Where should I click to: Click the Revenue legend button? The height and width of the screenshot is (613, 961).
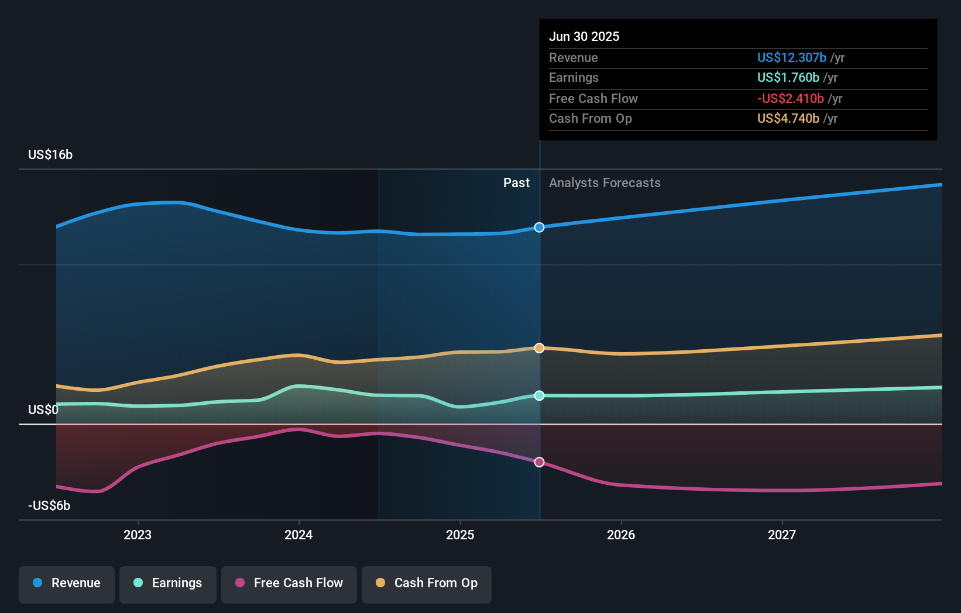(67, 584)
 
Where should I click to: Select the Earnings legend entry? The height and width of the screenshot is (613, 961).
(168, 584)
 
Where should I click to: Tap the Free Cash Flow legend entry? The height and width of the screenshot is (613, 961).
(289, 584)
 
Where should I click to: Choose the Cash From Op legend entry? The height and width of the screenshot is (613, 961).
(427, 584)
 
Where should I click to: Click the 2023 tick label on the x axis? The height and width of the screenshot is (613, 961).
(138, 535)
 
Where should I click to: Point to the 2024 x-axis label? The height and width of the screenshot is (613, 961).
(298, 535)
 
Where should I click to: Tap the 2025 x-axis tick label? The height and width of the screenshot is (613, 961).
(460, 535)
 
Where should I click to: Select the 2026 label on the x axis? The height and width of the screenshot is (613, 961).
(621, 535)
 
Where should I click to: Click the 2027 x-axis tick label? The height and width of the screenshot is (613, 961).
(782, 535)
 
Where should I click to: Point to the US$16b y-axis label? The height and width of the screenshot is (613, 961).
(50, 155)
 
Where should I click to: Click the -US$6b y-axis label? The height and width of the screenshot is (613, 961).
(49, 506)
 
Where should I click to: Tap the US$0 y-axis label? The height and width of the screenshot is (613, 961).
(43, 410)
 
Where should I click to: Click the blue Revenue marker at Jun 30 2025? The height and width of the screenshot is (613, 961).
(539, 228)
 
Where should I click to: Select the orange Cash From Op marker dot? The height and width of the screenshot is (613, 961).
(539, 348)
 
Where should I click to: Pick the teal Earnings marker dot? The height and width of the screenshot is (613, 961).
(539, 396)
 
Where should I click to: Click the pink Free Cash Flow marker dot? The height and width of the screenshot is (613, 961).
(539, 462)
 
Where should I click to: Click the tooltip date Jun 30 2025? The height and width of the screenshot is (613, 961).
(584, 37)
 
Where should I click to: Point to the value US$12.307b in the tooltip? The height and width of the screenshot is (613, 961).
(791, 58)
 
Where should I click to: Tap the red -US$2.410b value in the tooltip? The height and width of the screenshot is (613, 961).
(790, 99)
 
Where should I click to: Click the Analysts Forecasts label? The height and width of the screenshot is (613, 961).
(605, 183)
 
